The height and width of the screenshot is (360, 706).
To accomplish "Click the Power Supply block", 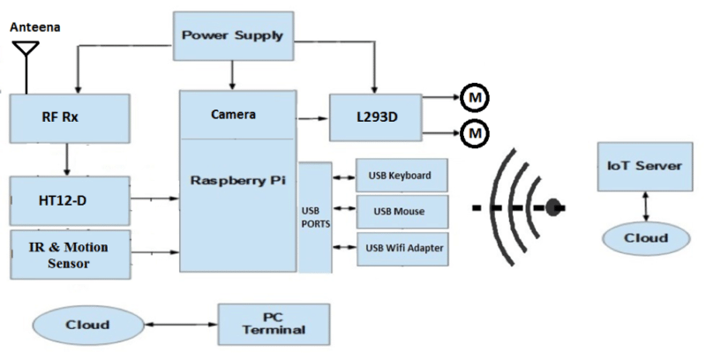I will (x=234, y=36).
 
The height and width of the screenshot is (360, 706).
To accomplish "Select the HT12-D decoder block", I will (x=69, y=201).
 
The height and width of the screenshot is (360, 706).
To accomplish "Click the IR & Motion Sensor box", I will (x=69, y=255).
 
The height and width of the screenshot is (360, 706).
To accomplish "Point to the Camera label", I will (x=234, y=115).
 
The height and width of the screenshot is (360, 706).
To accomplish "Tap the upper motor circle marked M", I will (x=473, y=98).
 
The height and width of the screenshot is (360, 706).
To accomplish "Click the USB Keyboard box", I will (x=401, y=175).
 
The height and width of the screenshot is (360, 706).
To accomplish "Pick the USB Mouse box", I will (x=401, y=212).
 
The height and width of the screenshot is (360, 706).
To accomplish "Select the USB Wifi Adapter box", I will (x=401, y=249).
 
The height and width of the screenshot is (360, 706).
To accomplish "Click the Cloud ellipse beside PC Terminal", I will (x=87, y=324).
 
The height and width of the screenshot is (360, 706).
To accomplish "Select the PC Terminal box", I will (x=273, y=324).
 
